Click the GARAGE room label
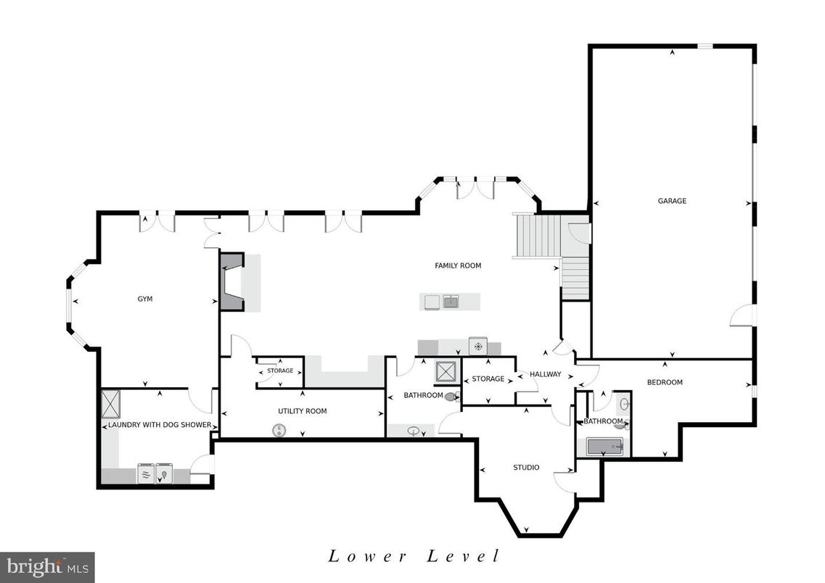(x=672, y=201)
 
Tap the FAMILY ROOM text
(x=458, y=265)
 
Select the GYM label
(x=145, y=299)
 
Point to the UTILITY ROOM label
(x=302, y=411)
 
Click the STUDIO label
(x=526, y=468)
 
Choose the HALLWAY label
(x=545, y=374)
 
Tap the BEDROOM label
(x=665, y=382)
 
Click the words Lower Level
(x=414, y=556)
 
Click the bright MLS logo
(x=47, y=567)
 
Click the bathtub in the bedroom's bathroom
(x=604, y=447)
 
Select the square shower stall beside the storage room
(x=445, y=372)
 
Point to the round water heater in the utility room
(x=279, y=431)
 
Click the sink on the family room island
(x=451, y=301)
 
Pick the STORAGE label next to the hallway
(x=488, y=379)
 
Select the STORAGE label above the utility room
(x=280, y=371)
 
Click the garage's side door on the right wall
(x=744, y=315)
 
